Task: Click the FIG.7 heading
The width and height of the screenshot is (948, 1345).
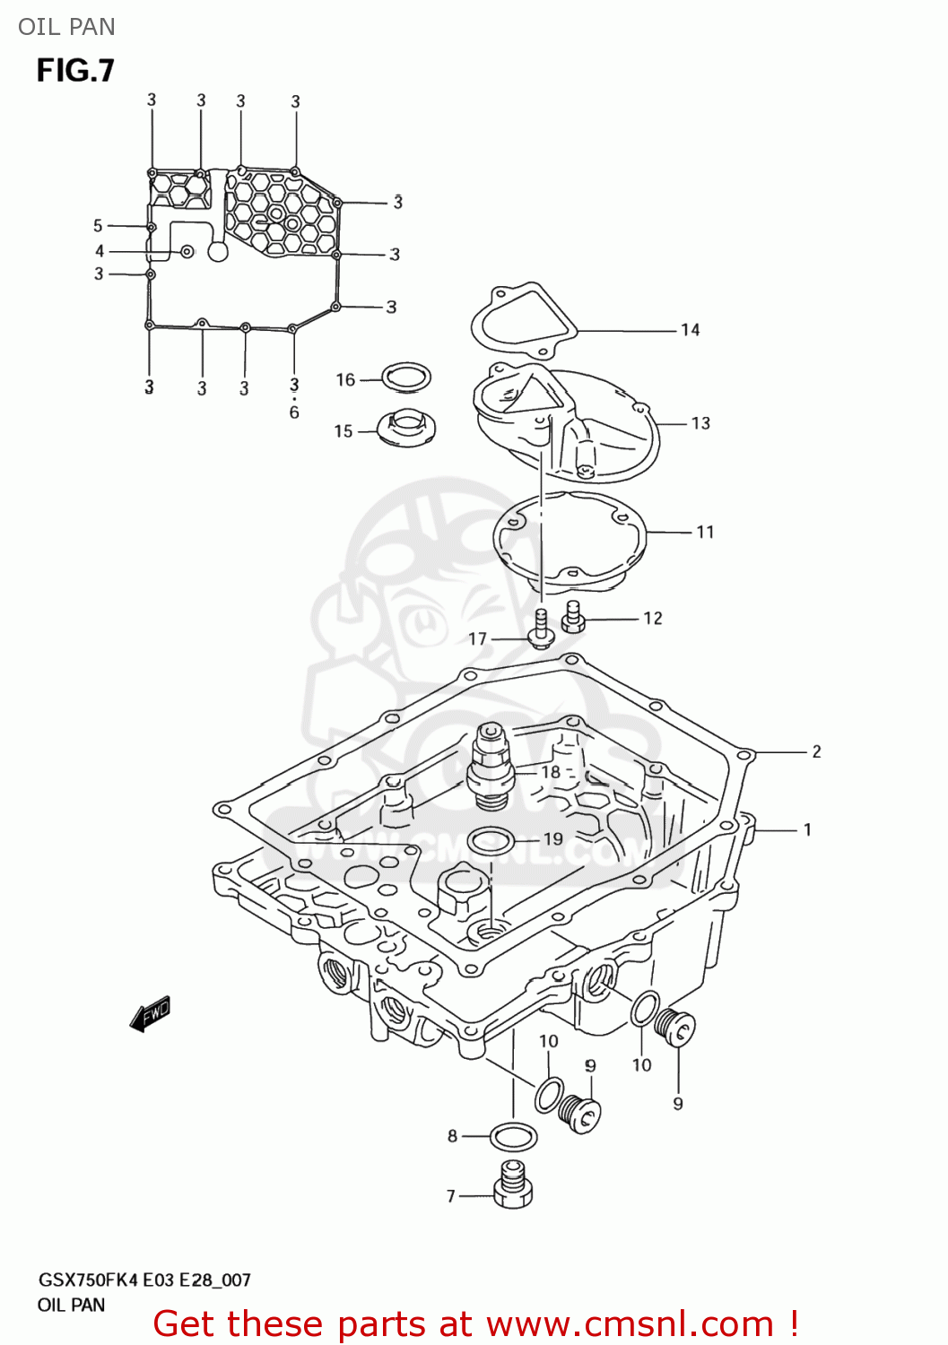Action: tap(75, 71)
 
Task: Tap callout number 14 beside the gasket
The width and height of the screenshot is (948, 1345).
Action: tap(690, 330)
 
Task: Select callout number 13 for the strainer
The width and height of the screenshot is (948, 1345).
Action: tap(700, 423)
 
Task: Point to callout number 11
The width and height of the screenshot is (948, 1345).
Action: tap(705, 533)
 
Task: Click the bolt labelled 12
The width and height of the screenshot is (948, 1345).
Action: tap(574, 617)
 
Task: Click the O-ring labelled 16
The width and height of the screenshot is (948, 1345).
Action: tap(406, 377)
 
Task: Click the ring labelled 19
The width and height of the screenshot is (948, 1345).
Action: tap(491, 841)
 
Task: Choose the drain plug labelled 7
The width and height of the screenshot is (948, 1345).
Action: tap(513, 1184)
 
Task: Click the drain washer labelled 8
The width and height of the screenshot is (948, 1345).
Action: tap(514, 1137)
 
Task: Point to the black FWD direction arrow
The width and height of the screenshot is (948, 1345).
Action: tap(150, 1014)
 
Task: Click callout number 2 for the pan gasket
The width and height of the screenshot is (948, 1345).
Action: tap(816, 751)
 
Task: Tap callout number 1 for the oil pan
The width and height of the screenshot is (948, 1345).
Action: tap(807, 830)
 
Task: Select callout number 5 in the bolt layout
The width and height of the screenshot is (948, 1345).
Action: tap(98, 226)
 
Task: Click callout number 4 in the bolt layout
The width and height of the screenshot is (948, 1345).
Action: tap(100, 251)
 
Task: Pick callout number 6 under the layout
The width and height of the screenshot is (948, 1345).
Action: tap(294, 412)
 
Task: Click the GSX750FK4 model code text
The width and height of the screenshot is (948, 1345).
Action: tap(88, 1280)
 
